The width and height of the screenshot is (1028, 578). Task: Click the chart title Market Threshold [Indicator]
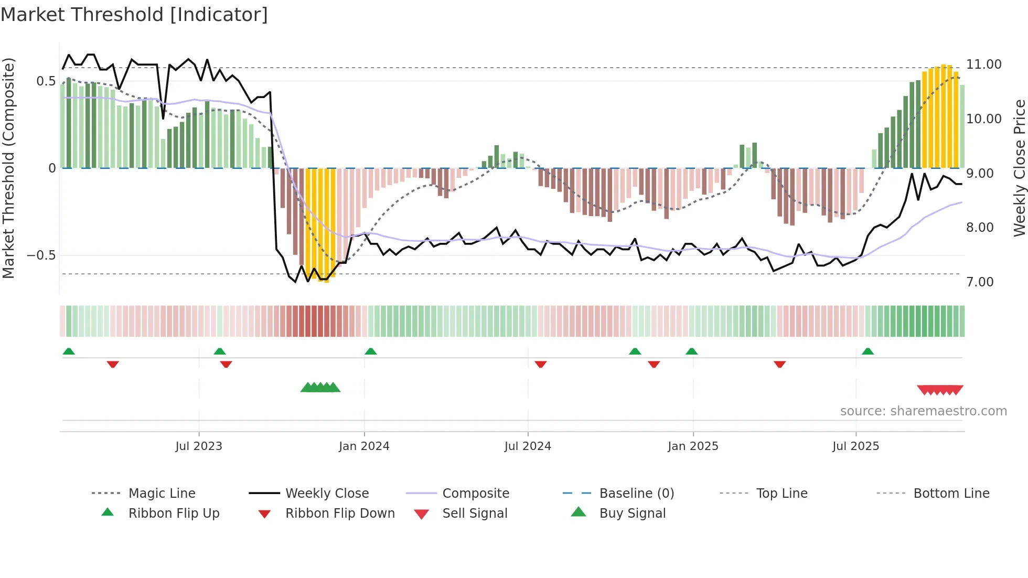[x=134, y=15]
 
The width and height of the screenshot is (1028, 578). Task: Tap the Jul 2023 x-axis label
[x=199, y=446]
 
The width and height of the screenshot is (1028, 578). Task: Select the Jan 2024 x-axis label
[x=364, y=446]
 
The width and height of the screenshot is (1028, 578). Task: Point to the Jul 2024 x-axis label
[x=528, y=446]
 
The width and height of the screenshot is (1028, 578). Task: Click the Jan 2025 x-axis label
[x=693, y=446]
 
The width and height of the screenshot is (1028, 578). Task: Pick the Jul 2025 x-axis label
[x=855, y=446]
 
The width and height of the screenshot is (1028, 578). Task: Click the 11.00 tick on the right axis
[x=983, y=65]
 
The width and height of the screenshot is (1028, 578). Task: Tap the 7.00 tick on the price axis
[x=980, y=282]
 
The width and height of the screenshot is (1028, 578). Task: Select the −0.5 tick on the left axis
[x=41, y=255]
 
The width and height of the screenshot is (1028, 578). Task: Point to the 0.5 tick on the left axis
[x=46, y=81]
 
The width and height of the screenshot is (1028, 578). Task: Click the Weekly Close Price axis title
[x=1019, y=168]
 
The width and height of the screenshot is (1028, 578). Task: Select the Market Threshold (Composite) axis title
[x=8, y=168]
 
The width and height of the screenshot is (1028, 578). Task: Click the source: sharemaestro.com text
[x=923, y=411]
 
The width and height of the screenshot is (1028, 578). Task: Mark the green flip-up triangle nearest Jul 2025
[x=868, y=351]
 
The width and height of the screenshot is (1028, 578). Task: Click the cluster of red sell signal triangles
[x=940, y=390]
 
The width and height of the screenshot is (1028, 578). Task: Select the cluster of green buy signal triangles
[x=320, y=388]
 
